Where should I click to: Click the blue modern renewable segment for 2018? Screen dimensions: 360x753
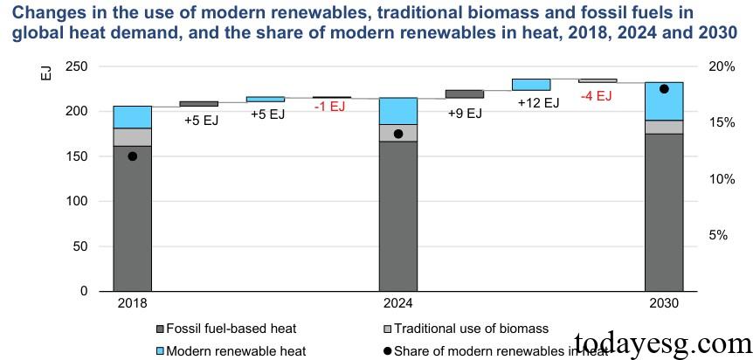(x=132, y=117)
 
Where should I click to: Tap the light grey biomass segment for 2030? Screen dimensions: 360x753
(x=663, y=127)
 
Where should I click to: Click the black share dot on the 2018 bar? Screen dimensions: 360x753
(x=132, y=156)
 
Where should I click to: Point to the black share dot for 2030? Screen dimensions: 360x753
(x=664, y=89)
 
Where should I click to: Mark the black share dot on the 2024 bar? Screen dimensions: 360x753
(x=398, y=134)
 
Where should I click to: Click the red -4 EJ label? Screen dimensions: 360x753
(x=598, y=96)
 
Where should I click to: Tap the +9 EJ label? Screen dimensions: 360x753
(x=465, y=113)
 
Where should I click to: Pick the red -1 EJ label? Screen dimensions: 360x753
(x=330, y=107)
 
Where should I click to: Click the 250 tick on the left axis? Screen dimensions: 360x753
(x=77, y=67)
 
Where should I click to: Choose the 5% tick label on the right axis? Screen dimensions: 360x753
(x=718, y=235)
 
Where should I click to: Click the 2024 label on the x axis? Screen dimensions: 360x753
(x=398, y=303)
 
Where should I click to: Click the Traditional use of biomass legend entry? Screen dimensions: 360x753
(x=471, y=329)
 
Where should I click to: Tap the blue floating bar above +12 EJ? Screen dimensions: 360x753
(x=531, y=85)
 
